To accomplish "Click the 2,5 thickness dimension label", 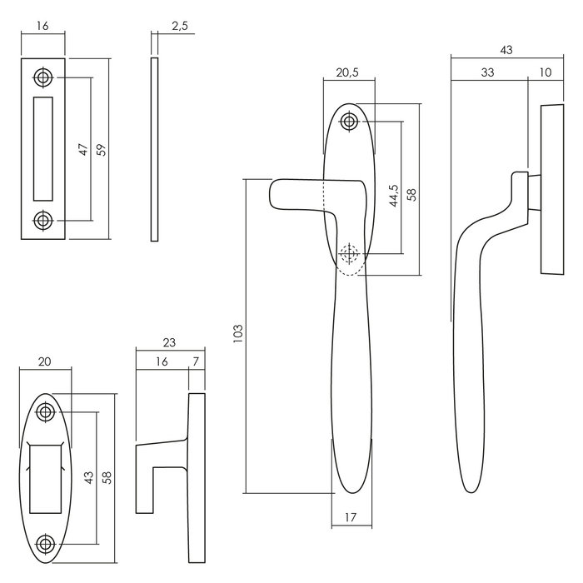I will (179, 27).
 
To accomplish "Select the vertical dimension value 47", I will (82, 150).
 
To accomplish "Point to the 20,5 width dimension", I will (347, 72).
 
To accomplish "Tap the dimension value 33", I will (487, 72).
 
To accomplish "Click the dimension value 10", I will (546, 72).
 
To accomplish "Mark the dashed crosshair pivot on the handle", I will (349, 252).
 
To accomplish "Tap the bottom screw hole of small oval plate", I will (44, 545).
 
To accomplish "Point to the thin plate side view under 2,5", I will (155, 150).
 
